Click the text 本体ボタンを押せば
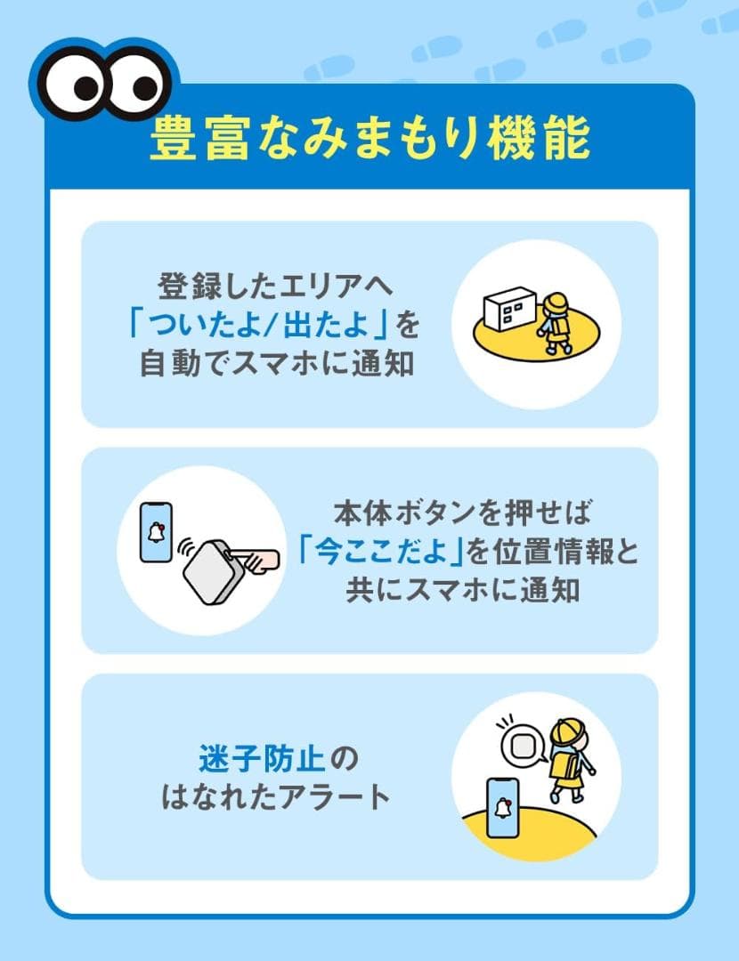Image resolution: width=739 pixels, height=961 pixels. [x=462, y=513]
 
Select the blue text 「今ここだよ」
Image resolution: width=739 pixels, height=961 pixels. [x=384, y=552]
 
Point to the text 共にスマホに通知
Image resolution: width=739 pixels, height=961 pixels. [x=462, y=590]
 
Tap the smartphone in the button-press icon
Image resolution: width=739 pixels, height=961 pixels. [x=157, y=531]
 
